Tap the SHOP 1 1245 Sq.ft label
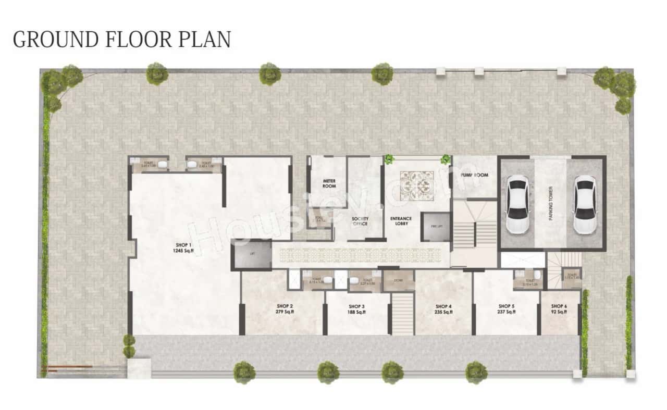tap(183, 247)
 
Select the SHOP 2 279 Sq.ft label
tap(284, 309)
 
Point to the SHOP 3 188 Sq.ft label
tap(356, 309)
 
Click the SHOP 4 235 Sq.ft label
tap(443, 309)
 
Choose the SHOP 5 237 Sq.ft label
tap(507, 309)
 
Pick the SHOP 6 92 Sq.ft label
tap(559, 309)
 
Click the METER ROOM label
tap(329, 183)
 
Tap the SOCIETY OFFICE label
tap(360, 221)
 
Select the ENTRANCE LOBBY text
tap(401, 221)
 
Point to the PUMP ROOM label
tap(475, 176)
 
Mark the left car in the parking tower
tap(518, 204)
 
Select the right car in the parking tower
tap(585, 204)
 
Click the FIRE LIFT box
tap(436, 227)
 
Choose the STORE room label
tap(399, 280)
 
